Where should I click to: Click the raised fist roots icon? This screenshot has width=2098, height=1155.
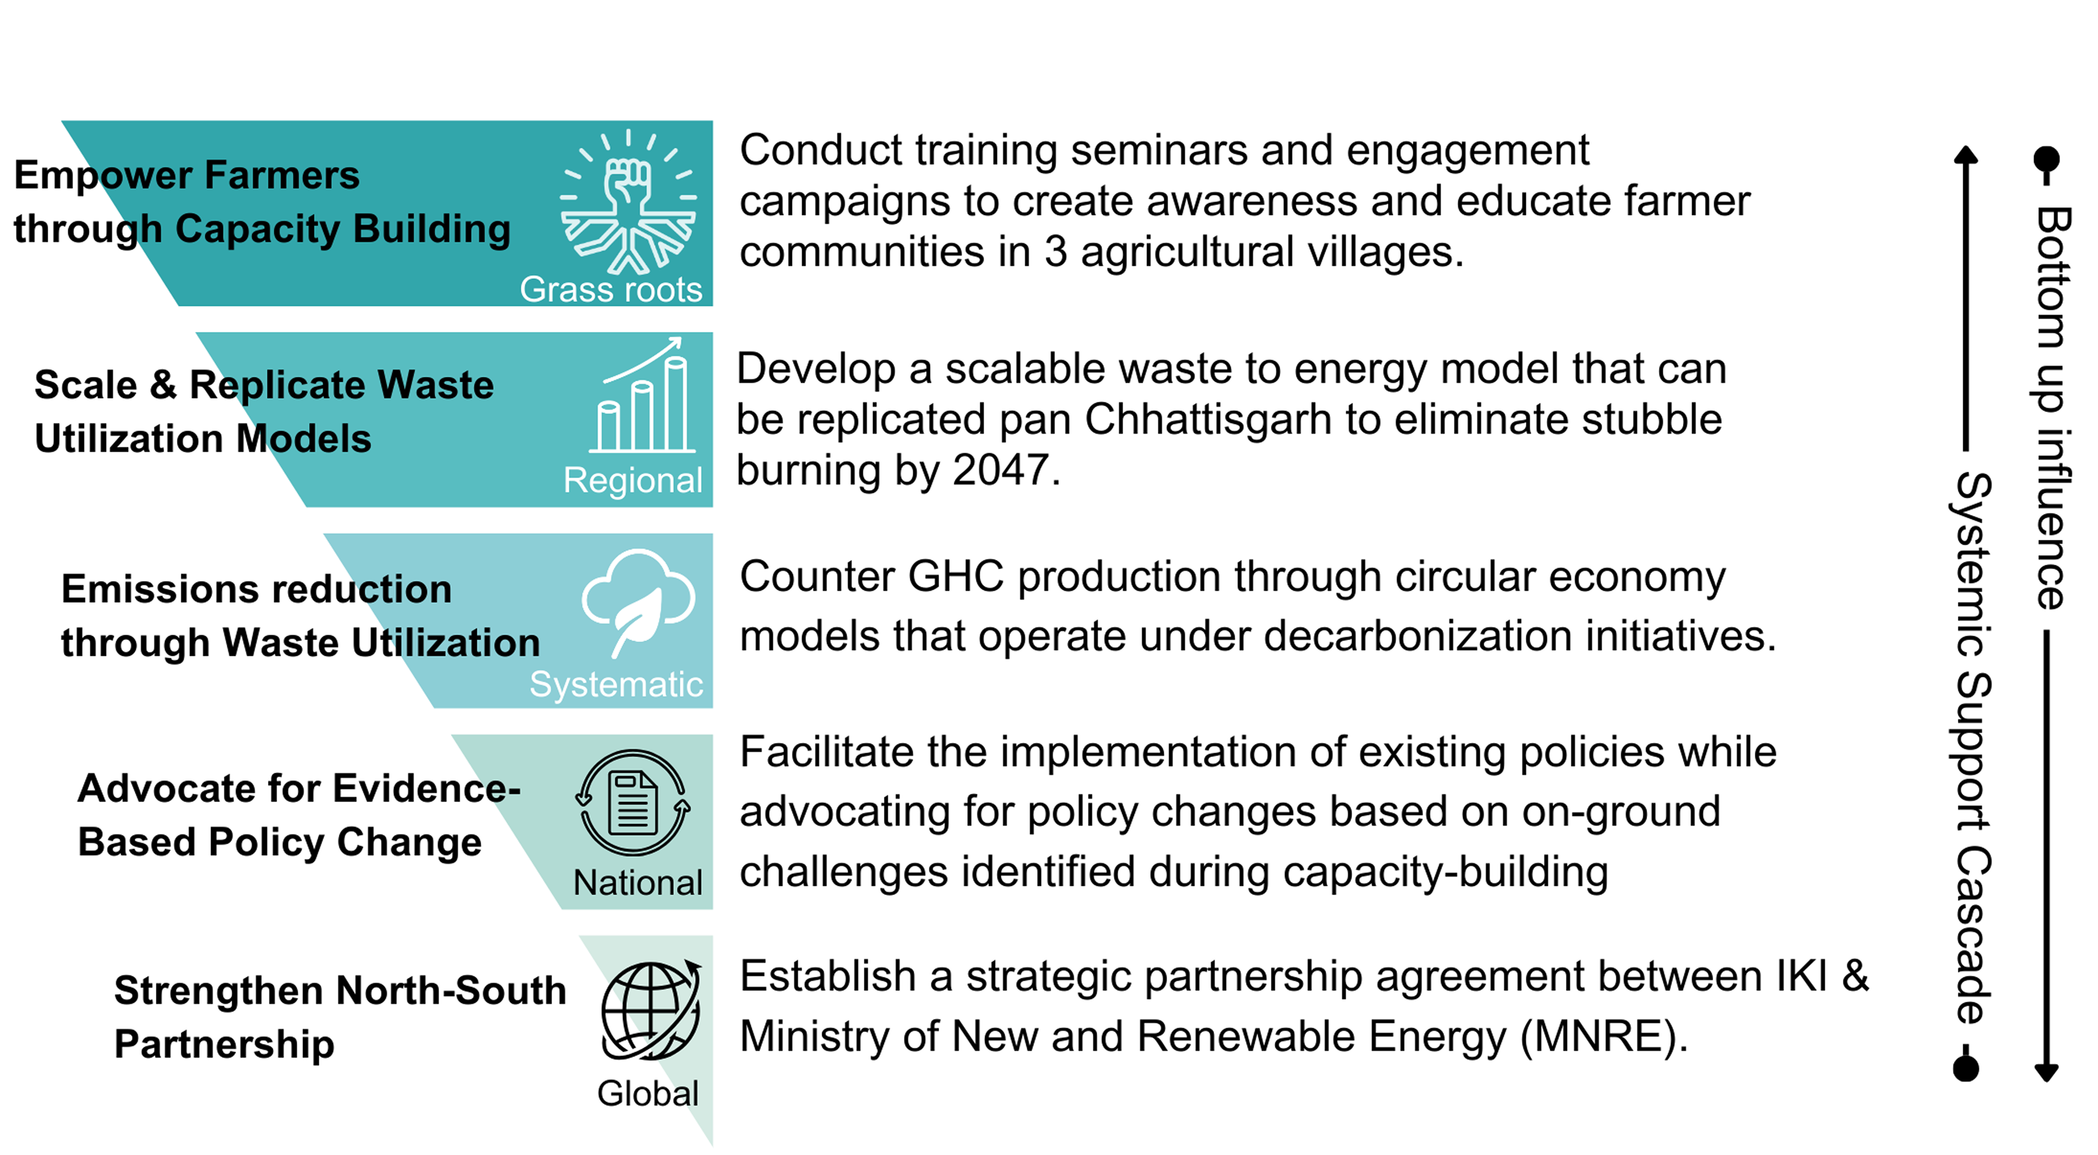point(628,201)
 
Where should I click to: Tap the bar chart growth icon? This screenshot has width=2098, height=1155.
point(642,395)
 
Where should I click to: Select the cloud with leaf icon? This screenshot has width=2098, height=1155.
point(639,603)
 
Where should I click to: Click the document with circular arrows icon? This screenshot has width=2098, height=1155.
point(633,802)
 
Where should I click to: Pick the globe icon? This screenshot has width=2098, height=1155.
point(650,1010)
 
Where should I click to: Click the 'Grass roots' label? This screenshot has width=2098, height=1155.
point(611,289)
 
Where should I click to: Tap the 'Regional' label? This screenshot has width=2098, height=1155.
point(633,480)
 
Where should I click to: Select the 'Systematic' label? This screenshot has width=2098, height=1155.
point(617,684)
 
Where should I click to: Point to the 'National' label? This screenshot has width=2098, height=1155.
point(638,882)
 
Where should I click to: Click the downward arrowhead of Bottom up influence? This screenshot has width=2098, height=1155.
point(2047,1073)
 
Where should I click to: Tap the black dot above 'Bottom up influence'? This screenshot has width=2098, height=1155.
point(2047,160)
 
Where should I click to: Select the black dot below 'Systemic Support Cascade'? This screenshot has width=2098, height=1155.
point(1966,1068)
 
